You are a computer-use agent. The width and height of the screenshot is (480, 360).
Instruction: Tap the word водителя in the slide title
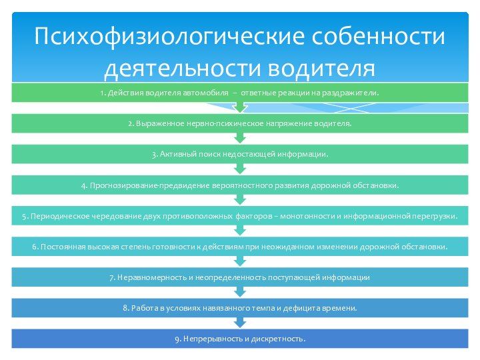pos(321,68)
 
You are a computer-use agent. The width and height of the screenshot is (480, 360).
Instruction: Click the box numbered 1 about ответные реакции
pos(240,93)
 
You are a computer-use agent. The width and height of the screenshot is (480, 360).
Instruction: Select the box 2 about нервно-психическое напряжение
pos(240,123)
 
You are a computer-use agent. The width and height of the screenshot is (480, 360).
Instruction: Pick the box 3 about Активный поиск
pos(240,154)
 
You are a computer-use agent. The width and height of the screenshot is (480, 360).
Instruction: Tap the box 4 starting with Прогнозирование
pos(240,185)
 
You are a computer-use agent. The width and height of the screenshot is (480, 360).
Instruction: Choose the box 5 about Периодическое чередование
pos(240,216)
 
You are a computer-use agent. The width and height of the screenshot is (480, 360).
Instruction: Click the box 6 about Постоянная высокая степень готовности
pos(240,247)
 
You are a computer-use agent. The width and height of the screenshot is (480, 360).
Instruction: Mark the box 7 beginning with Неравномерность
pos(240,277)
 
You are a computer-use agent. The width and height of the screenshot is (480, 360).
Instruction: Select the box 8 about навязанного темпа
pos(240,308)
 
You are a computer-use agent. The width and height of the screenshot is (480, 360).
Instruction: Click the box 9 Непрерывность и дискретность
pos(240,339)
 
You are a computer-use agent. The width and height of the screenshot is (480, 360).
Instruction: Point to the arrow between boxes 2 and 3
pos(240,138)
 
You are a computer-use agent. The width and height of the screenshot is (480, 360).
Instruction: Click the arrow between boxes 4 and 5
pos(240,200)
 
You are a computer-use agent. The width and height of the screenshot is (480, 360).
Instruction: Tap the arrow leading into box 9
pos(240,323)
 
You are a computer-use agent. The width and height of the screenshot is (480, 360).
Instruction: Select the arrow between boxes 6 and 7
pos(240,261)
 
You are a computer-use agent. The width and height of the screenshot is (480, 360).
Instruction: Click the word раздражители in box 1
pos(354,93)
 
